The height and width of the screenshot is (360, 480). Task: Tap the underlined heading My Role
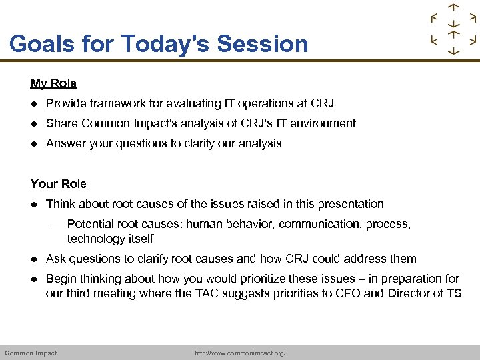[x=53, y=83]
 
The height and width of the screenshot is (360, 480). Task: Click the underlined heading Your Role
[x=59, y=183]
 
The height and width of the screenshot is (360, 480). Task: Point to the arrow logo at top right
[x=453, y=29]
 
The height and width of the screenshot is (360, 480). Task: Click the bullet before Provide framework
[x=33, y=103]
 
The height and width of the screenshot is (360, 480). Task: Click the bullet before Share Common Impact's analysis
[x=33, y=123]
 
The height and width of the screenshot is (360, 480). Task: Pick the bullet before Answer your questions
[x=33, y=143]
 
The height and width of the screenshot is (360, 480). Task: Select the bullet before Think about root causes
[x=33, y=204]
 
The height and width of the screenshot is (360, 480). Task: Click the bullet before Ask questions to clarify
[x=33, y=259]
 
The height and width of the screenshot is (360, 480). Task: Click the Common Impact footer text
[x=31, y=353]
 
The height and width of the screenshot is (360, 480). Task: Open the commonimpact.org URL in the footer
[x=240, y=353]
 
